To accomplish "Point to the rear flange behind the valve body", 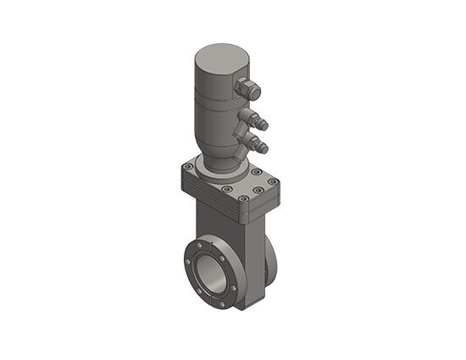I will (269, 263).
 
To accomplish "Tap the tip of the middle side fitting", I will (265, 125).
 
